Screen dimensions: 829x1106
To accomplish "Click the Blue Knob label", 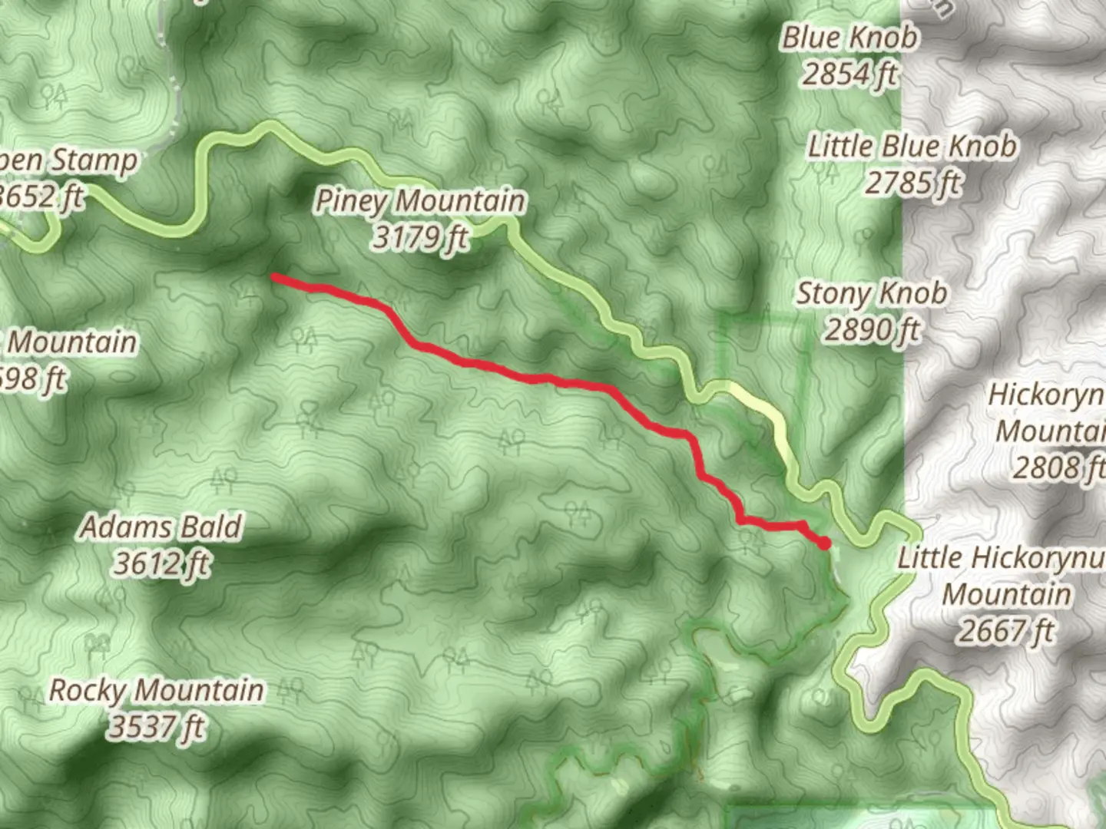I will [x=849, y=37].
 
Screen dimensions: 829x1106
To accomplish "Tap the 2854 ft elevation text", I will [x=849, y=74].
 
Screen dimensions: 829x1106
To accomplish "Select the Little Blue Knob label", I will [x=912, y=146].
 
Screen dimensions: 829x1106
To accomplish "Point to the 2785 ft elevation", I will [x=912, y=183].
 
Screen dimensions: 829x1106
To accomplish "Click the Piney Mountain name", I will [x=421, y=201].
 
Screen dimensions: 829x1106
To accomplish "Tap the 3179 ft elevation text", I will [x=421, y=239].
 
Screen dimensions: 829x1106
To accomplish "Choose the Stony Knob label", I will [x=872, y=293].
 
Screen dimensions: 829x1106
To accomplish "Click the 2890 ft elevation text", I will [x=872, y=331].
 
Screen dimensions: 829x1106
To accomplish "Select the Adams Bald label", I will [x=161, y=527].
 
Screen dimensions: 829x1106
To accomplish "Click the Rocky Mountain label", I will [x=156, y=690].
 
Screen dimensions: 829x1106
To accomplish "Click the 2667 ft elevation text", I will [x=1006, y=632].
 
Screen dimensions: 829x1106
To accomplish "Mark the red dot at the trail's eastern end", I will [x=825, y=544].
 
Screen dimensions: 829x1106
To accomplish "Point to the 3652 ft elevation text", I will [x=42, y=197].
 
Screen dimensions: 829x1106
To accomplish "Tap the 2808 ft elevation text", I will [x=1058, y=467].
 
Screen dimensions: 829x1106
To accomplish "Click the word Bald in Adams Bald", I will [x=210, y=527].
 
